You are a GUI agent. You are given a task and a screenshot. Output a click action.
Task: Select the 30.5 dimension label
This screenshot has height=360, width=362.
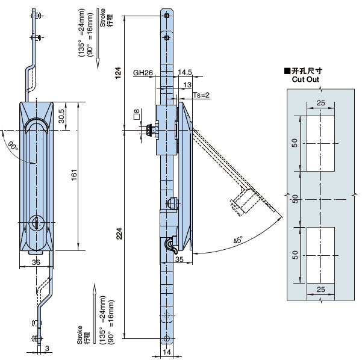[x=62, y=116]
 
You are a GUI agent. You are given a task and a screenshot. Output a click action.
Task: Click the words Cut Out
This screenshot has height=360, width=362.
[x=305, y=79]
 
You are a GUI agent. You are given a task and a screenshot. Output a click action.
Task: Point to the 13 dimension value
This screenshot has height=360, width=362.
[x=187, y=84]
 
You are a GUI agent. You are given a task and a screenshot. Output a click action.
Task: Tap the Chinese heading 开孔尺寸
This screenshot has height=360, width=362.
[x=307, y=71]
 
